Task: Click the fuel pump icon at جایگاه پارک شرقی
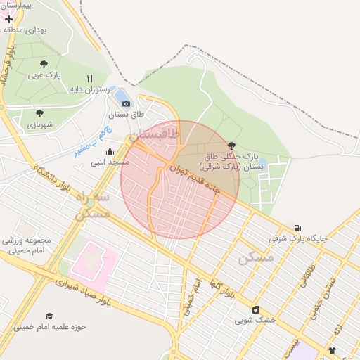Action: (x=297, y=228)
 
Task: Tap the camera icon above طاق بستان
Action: (x=127, y=103)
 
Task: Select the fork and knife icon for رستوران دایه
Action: (x=89, y=78)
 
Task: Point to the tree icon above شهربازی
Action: (x=39, y=112)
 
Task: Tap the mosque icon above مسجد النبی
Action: (x=110, y=151)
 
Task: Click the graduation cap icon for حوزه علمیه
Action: (x=49, y=316)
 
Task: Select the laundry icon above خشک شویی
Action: (x=255, y=309)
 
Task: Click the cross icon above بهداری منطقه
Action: (x=8, y=19)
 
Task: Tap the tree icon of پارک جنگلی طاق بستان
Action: (x=231, y=145)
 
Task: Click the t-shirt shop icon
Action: (x=332, y=350)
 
